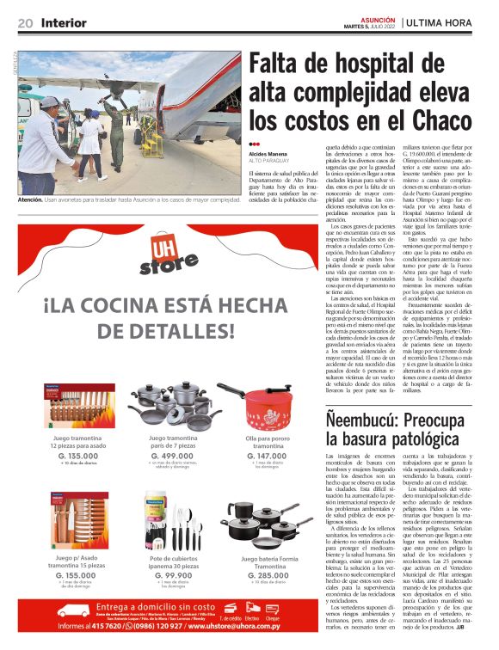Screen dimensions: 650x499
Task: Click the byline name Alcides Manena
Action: pyautogui.click(x=268, y=154)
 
